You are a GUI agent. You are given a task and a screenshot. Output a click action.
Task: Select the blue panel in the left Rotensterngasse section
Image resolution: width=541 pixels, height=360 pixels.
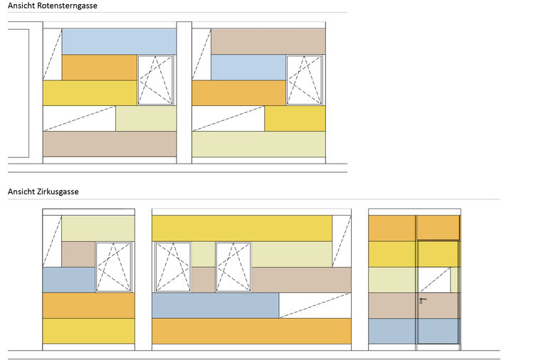click(x=119, y=41)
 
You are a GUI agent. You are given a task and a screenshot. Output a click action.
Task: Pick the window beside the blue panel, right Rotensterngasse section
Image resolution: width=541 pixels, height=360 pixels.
click(x=305, y=80)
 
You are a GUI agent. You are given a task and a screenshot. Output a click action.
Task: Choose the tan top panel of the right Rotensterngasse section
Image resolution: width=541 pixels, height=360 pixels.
click(x=268, y=41)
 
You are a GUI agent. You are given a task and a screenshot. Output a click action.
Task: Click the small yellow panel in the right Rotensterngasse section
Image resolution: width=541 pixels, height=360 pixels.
click(x=295, y=118)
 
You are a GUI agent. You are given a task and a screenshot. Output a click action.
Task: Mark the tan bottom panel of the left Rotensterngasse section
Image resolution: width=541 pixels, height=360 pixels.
click(x=110, y=144)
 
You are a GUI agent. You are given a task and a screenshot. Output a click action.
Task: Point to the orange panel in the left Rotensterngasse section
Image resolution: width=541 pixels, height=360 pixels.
click(x=99, y=68)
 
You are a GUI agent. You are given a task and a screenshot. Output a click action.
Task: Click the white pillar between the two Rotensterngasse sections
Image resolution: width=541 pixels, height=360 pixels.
click(x=184, y=92)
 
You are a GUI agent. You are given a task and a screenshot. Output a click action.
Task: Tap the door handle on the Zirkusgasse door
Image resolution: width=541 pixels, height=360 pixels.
click(x=422, y=300)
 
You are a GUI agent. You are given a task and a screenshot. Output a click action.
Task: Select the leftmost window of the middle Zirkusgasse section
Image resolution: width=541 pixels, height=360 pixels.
click(x=173, y=268)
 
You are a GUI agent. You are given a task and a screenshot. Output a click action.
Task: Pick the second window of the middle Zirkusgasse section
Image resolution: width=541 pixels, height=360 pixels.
click(x=233, y=268)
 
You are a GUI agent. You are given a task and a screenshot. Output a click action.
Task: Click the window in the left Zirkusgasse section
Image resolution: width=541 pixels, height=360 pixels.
click(x=114, y=268)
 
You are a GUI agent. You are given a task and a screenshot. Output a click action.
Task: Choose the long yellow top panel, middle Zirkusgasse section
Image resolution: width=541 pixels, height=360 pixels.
click(x=242, y=228)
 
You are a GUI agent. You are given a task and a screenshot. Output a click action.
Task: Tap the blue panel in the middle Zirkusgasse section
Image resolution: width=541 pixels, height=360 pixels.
click(x=215, y=305)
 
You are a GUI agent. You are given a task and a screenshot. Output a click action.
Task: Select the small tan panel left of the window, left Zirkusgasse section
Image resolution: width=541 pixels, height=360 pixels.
click(x=78, y=254)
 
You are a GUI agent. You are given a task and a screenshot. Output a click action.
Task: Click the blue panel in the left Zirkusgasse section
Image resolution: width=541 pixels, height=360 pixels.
click(x=68, y=280)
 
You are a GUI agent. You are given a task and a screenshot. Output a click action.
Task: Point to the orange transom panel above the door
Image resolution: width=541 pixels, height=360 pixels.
click(x=438, y=228)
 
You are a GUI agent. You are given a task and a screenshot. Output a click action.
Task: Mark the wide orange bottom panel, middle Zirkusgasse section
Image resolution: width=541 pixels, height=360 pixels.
click(x=252, y=331)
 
